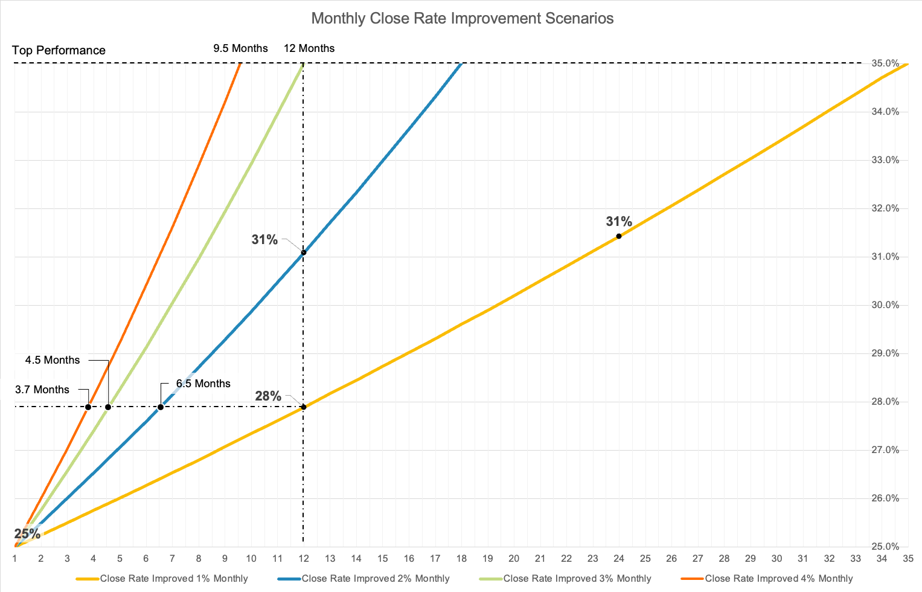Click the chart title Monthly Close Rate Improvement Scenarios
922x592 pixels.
coord(462,18)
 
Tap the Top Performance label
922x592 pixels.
coord(59,50)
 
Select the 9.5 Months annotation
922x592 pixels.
coord(240,48)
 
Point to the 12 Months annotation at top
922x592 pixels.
coord(309,48)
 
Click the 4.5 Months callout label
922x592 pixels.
coord(53,360)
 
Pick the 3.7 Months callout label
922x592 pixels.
coord(42,390)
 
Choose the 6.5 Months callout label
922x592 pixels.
coord(203,384)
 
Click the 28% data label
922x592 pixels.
coord(268,396)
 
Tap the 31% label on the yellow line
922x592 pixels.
coord(619,222)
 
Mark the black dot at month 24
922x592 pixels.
coord(619,236)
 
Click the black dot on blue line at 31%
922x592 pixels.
coord(303,253)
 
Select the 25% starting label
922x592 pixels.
coord(27,534)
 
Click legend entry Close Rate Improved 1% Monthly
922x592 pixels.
coord(173,579)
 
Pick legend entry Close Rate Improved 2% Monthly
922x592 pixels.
coord(375,579)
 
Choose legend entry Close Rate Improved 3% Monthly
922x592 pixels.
coord(577,579)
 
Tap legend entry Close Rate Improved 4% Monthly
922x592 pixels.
coord(778,579)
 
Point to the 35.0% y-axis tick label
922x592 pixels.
coord(885,63)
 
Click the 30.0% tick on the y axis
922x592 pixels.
coord(885,305)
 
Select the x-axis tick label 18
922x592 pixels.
coord(461,558)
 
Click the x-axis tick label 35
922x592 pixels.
coord(908,558)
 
